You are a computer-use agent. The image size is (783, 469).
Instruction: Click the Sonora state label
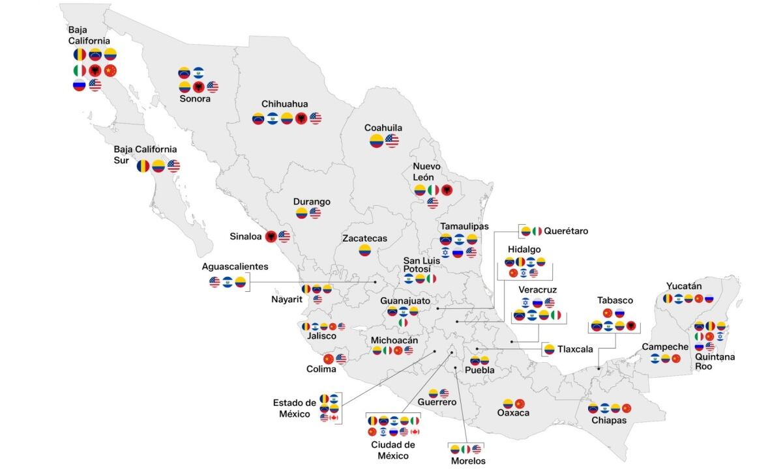tap(195, 99)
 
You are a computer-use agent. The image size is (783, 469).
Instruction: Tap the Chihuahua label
tap(284, 104)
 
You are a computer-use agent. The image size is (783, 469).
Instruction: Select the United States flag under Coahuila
tap(392, 141)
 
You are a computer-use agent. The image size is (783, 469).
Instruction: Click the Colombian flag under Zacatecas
tap(364, 250)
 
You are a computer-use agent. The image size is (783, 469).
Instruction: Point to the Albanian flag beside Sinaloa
tap(271, 236)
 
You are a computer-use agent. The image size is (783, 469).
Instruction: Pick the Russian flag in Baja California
tap(80, 85)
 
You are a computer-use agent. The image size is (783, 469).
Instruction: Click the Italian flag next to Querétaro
tap(537, 231)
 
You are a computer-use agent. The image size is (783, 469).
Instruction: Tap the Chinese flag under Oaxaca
tap(520, 403)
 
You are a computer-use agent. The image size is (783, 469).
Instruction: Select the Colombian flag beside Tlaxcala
tap(549, 349)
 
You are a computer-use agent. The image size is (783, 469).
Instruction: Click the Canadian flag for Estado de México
tap(334, 418)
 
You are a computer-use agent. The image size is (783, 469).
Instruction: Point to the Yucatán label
tap(684, 286)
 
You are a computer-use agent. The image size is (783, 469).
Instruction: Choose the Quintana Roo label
tap(705, 362)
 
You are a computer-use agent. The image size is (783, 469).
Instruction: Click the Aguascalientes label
tap(235, 267)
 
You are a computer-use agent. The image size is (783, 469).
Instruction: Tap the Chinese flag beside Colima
tap(329, 359)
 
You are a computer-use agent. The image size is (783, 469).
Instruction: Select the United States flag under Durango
tap(316, 213)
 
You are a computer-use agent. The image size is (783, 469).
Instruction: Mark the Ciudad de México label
tap(392, 450)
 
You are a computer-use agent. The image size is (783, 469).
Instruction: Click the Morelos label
tap(468, 461)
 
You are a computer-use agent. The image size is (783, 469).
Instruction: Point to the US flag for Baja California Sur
tap(173, 166)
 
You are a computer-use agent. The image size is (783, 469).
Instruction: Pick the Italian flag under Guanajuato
tap(403, 322)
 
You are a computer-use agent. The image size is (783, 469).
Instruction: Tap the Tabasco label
tap(615, 300)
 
